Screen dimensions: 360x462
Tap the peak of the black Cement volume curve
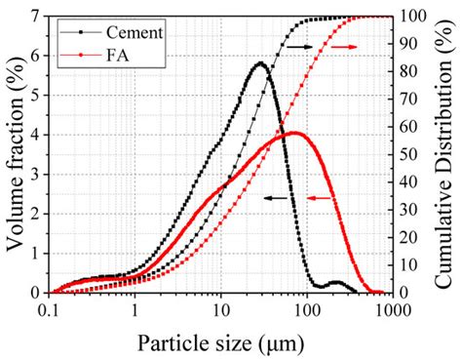pyautogui.click(x=260, y=64)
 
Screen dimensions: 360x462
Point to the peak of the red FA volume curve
pyautogui.click(x=294, y=133)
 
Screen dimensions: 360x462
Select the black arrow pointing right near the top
pyautogui.click(x=302, y=46)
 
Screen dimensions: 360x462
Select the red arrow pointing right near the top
pyautogui.click(x=343, y=46)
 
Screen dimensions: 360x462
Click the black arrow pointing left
pyautogui.click(x=279, y=197)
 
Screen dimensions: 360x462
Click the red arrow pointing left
pyautogui.click(x=321, y=197)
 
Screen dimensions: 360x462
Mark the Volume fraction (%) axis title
pyautogui.click(x=14, y=154)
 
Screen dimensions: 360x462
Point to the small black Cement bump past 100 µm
pyautogui.click(x=336, y=282)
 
